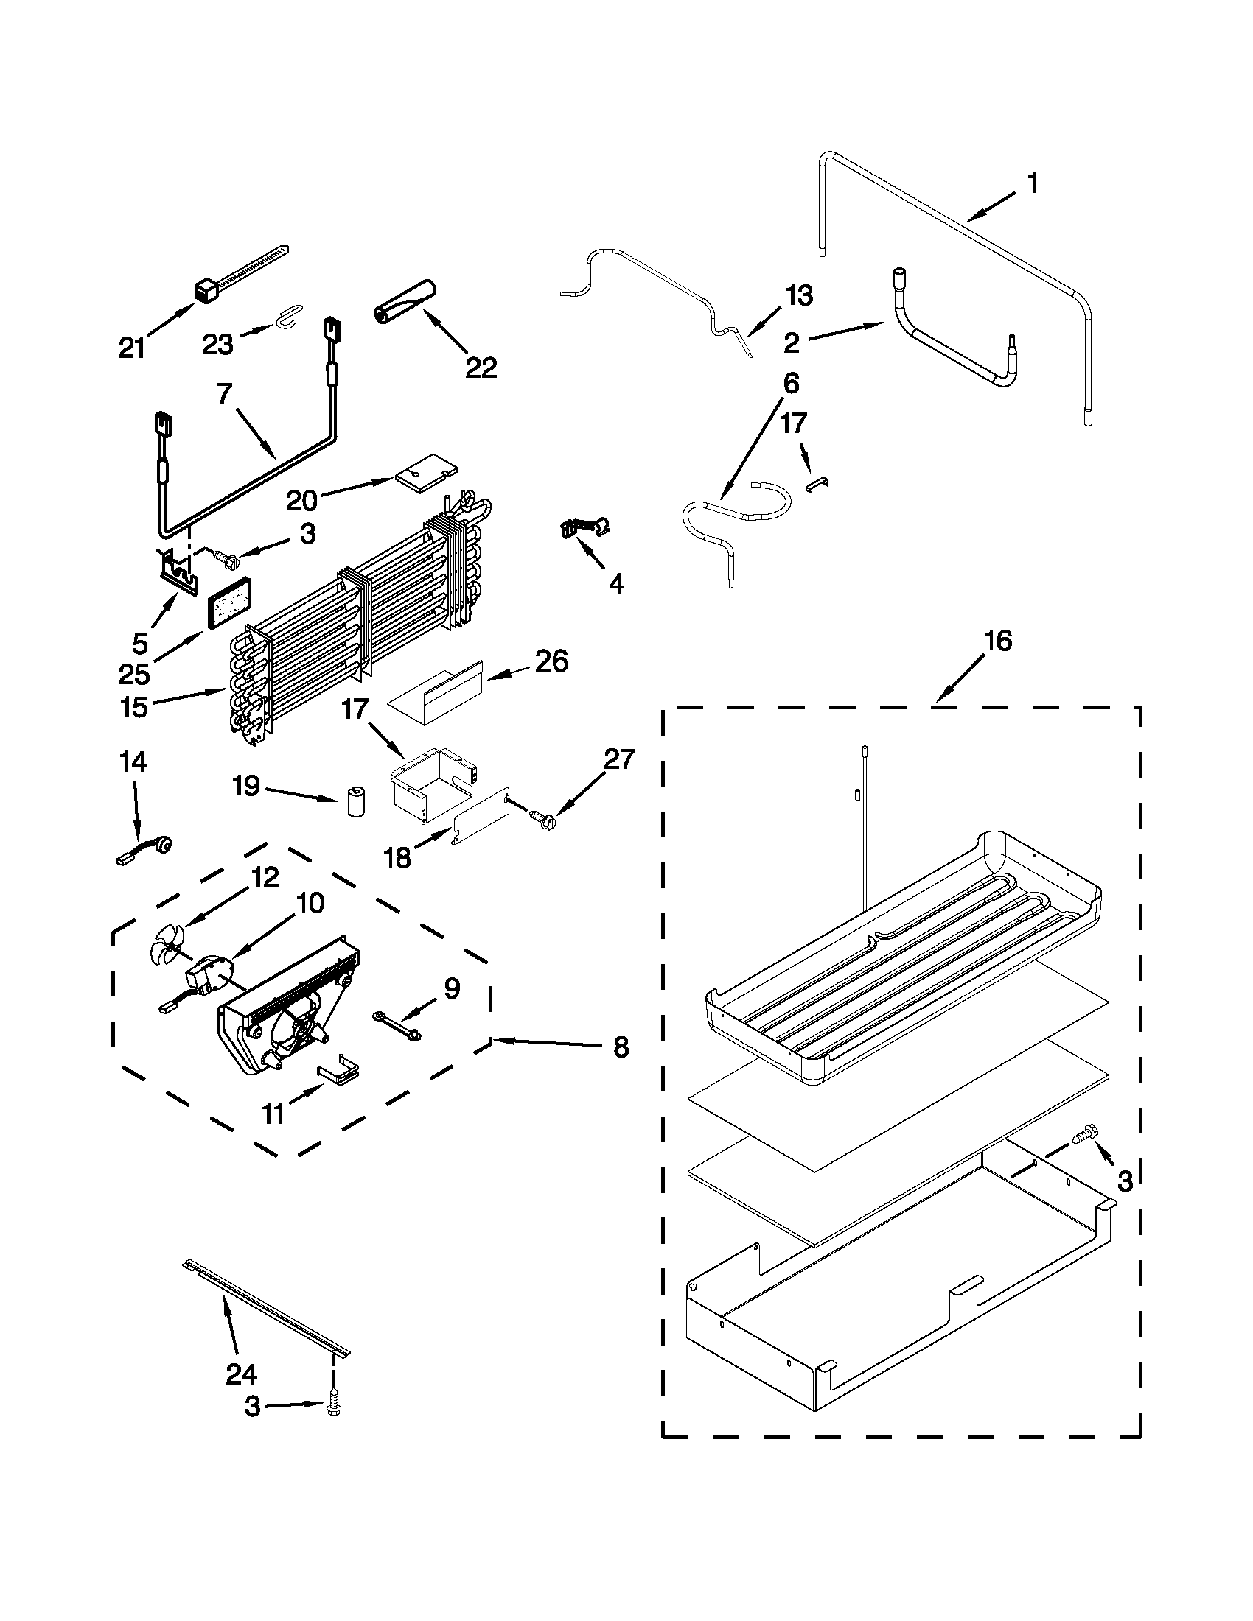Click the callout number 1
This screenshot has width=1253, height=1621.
(1033, 183)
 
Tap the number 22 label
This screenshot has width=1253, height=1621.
(481, 367)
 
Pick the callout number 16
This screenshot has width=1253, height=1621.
(999, 640)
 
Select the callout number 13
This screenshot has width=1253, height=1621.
(799, 295)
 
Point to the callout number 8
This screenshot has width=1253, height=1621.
(621, 1047)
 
